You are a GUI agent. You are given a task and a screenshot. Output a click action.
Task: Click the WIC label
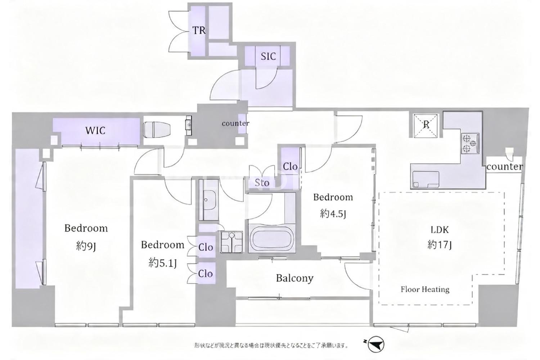click(x=95, y=131)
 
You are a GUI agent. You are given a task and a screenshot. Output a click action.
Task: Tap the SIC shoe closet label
click(x=268, y=57)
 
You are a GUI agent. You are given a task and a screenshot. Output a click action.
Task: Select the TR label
click(x=199, y=31)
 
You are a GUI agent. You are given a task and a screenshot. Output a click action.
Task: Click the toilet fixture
click(x=157, y=130)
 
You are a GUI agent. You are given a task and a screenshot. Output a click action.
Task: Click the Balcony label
click(x=294, y=278)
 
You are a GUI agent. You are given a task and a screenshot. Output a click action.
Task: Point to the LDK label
click(x=440, y=230)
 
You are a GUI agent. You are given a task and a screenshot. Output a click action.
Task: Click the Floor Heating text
click(x=425, y=289)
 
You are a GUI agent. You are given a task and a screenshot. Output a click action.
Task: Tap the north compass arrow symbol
click(x=375, y=344)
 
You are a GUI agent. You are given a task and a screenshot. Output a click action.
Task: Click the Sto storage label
click(x=262, y=183)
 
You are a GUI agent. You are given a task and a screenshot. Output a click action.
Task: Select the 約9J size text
click(x=86, y=247)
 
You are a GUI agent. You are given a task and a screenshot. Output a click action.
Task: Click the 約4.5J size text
click(x=333, y=213)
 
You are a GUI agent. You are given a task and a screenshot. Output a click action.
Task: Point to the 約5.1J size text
click(x=162, y=263)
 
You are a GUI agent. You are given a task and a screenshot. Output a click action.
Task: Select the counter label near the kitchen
click(x=505, y=167)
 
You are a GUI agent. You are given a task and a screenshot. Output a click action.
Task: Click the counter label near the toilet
click(x=235, y=123)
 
